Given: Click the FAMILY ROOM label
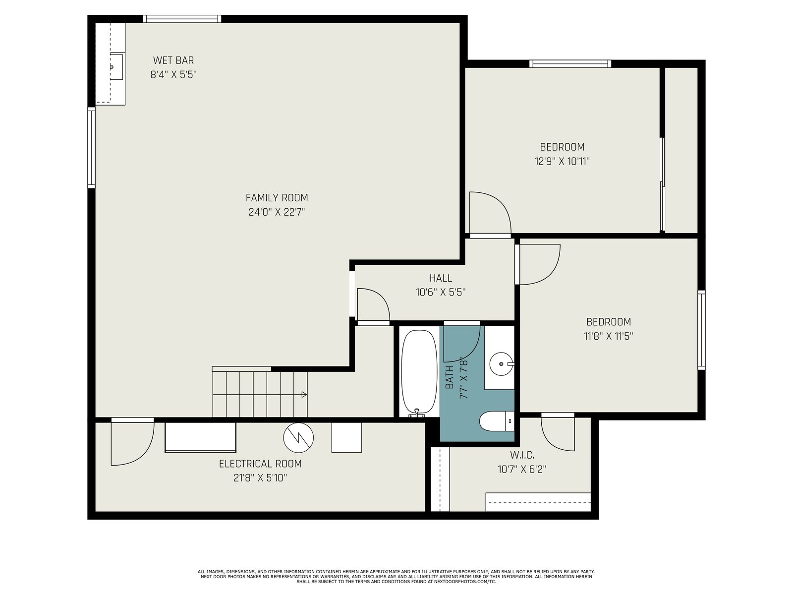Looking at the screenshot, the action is tap(277, 198).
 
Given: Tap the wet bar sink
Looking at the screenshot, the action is tap(116, 67).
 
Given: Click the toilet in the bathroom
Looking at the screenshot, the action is tap(497, 421).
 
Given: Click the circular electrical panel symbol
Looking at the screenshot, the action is tap(298, 437).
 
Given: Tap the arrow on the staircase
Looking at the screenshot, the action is tap(304, 395).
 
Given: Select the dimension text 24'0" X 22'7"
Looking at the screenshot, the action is tap(277, 212).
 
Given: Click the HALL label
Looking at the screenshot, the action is tap(441, 278).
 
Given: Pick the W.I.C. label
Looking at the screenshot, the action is tap(522, 455).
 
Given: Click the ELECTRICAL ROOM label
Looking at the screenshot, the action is tap(260, 464).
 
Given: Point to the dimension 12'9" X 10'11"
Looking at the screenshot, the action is tap(562, 161).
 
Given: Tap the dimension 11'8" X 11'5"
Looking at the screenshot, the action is tap(609, 336).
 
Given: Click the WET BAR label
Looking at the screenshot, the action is tap(173, 60).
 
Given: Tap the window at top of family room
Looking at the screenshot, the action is tap(182, 19).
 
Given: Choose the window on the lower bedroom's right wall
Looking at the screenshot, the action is tap(701, 330).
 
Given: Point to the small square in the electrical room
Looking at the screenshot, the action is tap(346, 437).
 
